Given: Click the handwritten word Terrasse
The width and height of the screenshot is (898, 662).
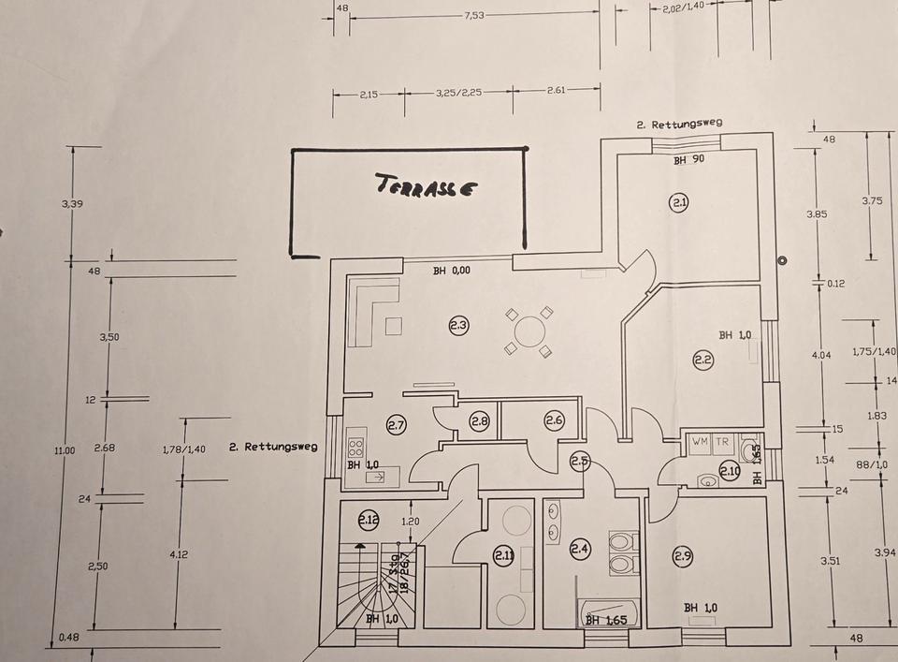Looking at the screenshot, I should (x=427, y=184).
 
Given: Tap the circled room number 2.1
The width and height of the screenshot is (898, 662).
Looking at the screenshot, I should (x=679, y=201).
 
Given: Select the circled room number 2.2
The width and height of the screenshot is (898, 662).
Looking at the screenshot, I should (x=703, y=358).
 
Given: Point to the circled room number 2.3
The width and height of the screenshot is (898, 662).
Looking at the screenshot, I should (x=458, y=326).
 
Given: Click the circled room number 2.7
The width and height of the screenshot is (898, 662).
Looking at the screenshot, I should (x=396, y=427).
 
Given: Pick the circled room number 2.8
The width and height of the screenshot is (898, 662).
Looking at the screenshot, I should (x=480, y=422).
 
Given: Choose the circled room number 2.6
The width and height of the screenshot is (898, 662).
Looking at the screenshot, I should (x=554, y=421).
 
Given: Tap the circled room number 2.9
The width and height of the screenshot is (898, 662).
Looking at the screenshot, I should (x=682, y=556).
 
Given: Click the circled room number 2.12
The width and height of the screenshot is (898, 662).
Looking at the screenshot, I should (x=369, y=517).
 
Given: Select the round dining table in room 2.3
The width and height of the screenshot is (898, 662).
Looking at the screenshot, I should (x=529, y=331).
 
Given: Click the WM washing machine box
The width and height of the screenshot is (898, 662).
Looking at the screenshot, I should (x=700, y=441).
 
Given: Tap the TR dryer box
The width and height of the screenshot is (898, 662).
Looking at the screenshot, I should (x=722, y=441).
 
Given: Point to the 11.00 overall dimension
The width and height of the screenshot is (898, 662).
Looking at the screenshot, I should (x=64, y=450).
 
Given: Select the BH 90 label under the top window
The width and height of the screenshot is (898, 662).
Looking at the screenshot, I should (x=688, y=160).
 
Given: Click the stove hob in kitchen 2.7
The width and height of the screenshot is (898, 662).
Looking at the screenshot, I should (x=355, y=446).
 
